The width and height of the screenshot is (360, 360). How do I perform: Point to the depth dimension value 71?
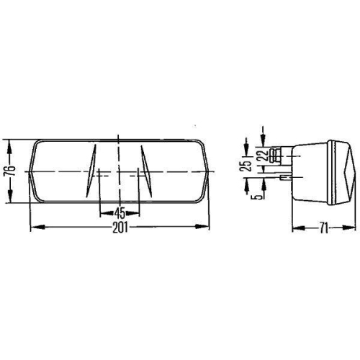(325, 229)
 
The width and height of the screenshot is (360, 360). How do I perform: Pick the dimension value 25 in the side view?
(247, 166)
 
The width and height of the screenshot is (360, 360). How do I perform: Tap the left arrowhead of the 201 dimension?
(33, 228)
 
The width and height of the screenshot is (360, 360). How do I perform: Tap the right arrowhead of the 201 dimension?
(207, 228)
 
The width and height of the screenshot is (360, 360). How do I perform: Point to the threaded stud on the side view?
(275, 153)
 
